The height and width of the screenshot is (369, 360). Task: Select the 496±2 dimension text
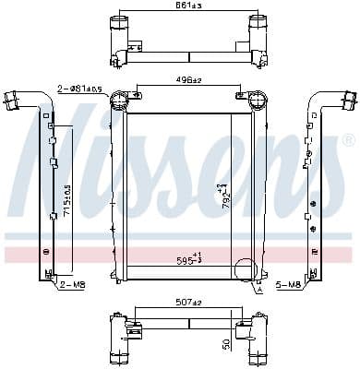[x=187, y=79]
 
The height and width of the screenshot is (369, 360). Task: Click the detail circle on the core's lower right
[x=246, y=271]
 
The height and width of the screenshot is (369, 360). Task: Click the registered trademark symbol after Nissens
[x=348, y=140]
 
